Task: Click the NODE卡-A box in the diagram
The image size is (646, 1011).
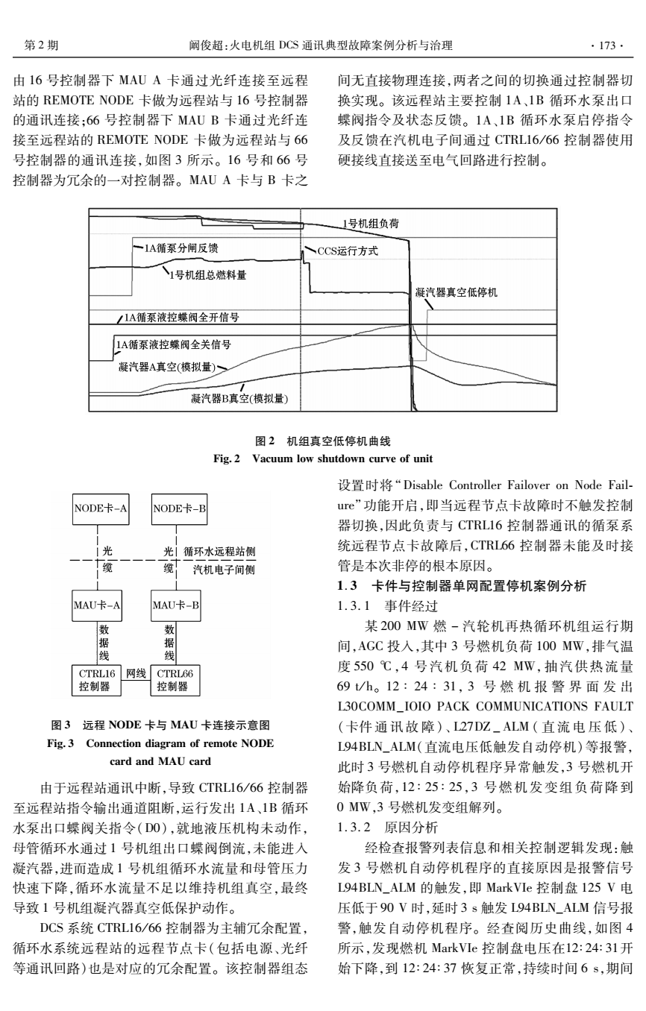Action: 101,509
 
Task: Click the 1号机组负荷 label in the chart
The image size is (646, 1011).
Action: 371,224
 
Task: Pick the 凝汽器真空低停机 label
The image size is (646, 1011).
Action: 456,291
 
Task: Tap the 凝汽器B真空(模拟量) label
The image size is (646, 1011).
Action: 235,398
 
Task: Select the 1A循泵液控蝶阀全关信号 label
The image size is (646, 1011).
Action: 172,344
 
